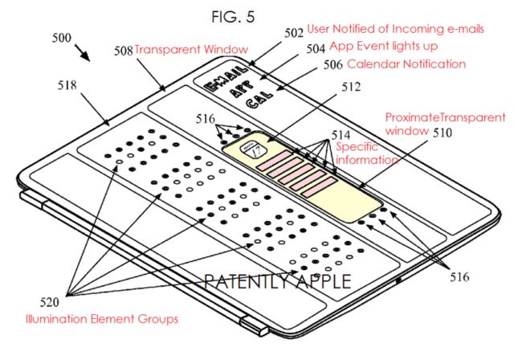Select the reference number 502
(x=294, y=33)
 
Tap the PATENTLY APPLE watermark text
(x=278, y=282)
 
